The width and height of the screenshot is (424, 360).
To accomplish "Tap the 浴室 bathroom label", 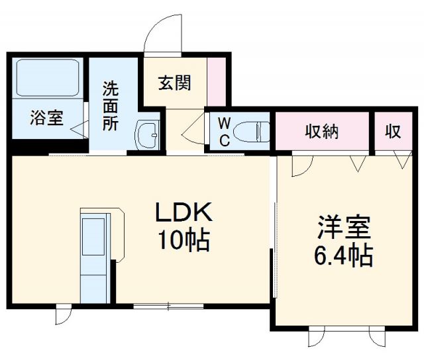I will click(46, 118).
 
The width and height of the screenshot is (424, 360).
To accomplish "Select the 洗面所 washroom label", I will click(111, 106).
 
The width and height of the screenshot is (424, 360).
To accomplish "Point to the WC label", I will click(225, 130).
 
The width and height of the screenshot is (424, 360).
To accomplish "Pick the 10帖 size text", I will click(183, 240).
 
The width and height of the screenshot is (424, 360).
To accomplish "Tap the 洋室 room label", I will click(343, 227).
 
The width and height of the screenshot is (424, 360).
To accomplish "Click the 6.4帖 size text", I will click(343, 254).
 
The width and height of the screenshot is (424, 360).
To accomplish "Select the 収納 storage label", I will click(322, 131).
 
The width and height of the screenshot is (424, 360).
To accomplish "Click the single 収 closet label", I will click(393, 131).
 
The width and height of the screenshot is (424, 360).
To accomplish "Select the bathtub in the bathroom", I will click(47, 78).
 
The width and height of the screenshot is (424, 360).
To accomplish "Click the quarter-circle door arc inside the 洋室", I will click(299, 165).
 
